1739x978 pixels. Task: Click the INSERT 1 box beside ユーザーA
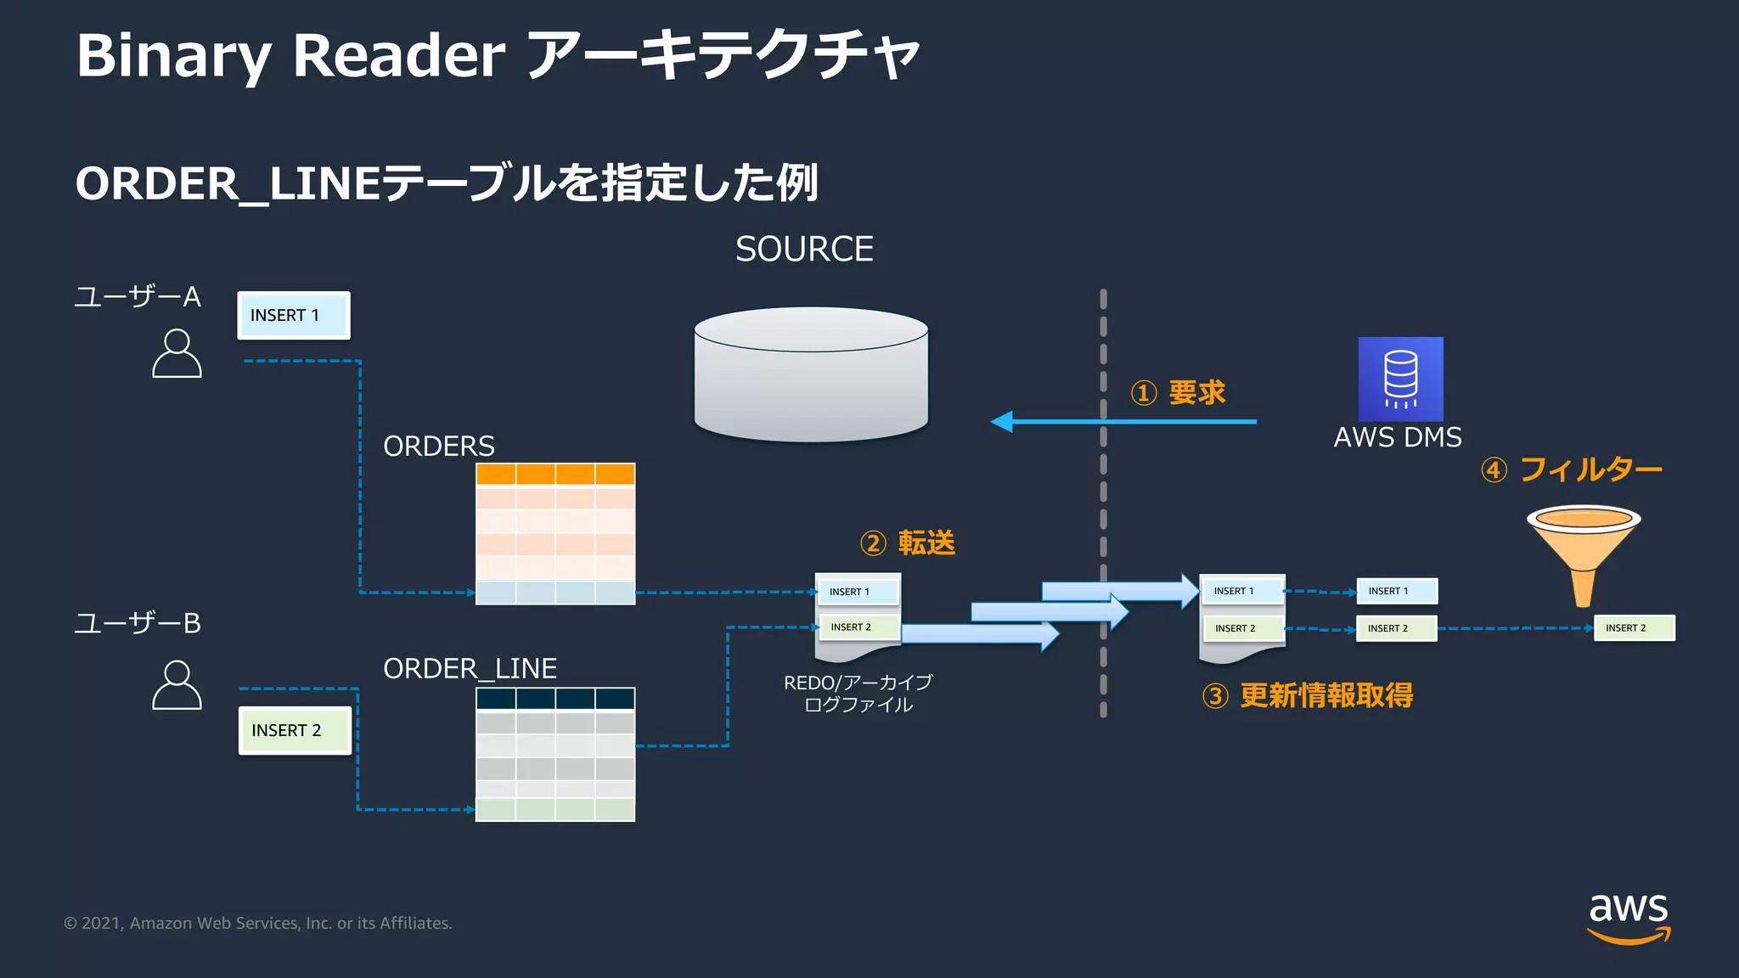(x=293, y=315)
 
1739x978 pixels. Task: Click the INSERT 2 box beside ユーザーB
(x=294, y=730)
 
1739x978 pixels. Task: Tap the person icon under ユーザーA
(x=177, y=354)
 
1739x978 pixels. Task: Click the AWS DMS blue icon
(x=1400, y=379)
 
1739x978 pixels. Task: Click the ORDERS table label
(x=438, y=447)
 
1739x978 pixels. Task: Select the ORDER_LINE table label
(x=470, y=669)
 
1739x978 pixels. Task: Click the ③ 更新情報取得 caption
(x=1308, y=696)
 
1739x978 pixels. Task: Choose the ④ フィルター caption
(x=1571, y=469)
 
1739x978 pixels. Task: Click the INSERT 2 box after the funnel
(x=1634, y=628)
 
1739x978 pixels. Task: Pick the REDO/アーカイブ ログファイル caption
(x=858, y=694)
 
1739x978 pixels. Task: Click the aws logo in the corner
(x=1628, y=917)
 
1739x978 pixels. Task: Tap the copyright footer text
(x=258, y=924)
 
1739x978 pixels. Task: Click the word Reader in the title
(x=398, y=56)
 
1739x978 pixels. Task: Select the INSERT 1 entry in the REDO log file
(x=857, y=592)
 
